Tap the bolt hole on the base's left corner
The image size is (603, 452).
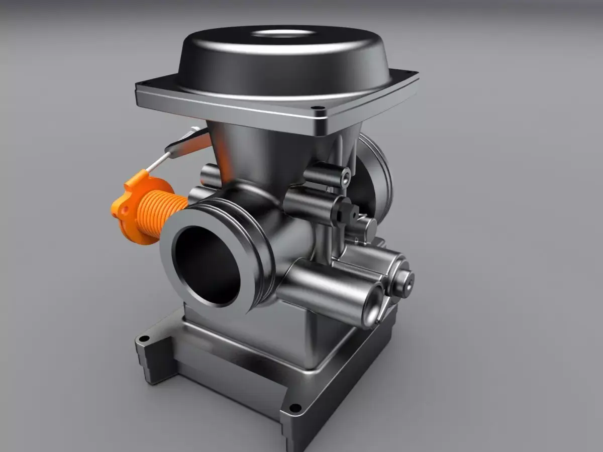144,338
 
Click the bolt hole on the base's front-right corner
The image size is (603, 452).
295,407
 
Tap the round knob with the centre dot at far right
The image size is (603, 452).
404,281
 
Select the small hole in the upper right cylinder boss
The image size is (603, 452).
346,177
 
